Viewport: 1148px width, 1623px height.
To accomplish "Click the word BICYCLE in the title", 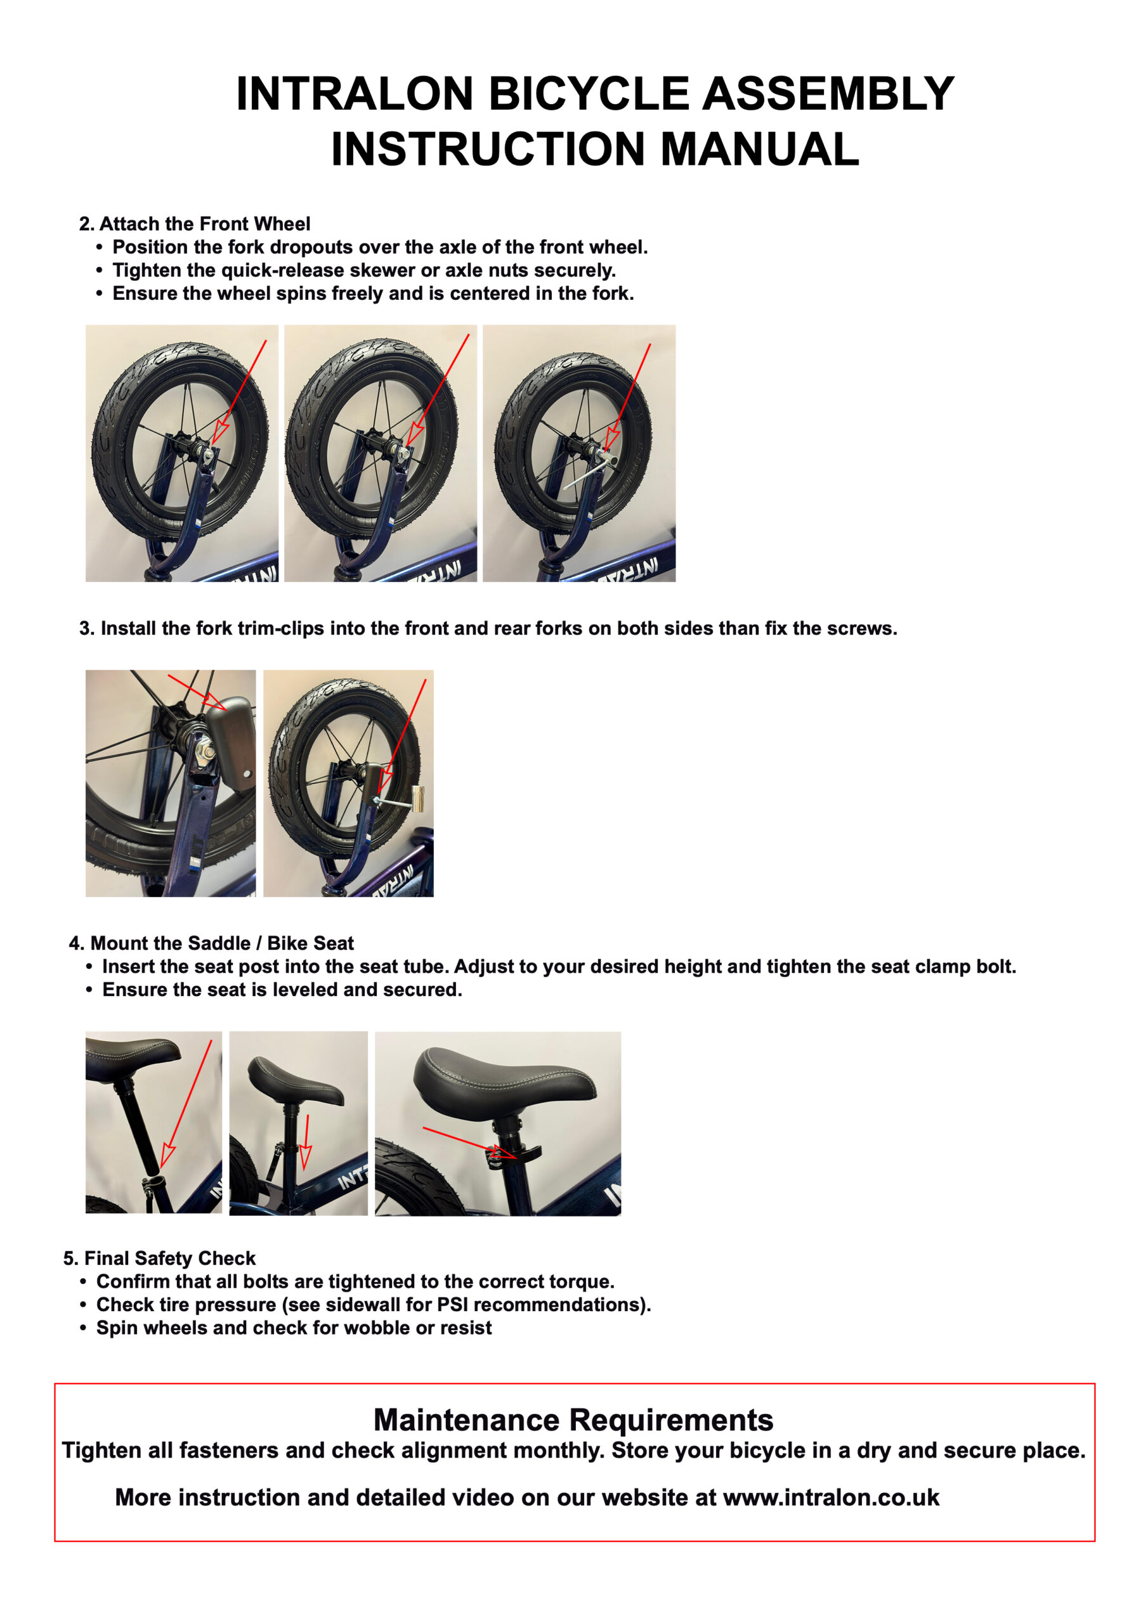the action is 589,93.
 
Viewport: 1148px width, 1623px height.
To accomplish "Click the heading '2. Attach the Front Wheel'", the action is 195,224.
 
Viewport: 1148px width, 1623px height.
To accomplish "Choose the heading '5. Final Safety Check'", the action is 159,1258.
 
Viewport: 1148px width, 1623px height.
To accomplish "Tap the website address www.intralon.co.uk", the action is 831,1497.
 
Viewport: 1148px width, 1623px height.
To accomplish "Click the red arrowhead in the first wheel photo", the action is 222,432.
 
